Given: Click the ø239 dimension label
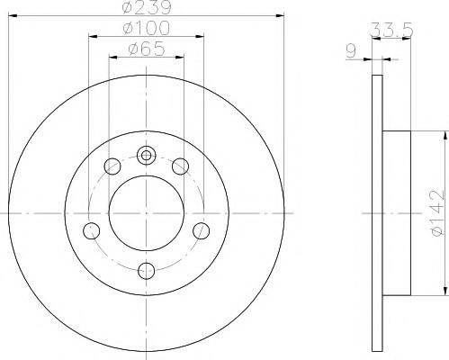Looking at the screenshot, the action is (147, 7).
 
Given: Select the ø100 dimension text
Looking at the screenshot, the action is (147, 28).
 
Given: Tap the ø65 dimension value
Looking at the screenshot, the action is (147, 49).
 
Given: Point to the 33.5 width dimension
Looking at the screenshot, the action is (392, 30).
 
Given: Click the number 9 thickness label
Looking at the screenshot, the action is (351, 51).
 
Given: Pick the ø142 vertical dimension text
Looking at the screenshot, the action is (436, 212).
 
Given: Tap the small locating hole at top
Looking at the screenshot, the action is (146, 155).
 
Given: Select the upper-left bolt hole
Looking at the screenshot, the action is (112, 166).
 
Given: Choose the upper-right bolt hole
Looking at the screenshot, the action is (180, 166).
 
